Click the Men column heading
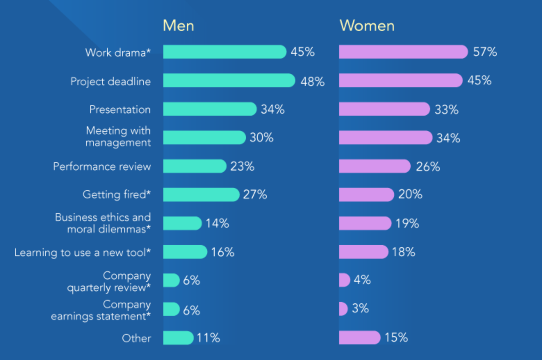point(178,26)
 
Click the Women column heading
point(367,26)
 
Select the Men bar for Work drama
point(224,52)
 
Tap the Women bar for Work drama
point(403,52)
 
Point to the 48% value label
point(312,82)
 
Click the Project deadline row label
point(110,81)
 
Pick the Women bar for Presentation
point(384,109)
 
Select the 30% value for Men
point(261,138)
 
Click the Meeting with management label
point(118,137)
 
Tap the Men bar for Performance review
point(195,166)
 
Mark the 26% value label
point(428,167)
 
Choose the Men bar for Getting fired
point(201,195)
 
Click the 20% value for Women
point(410,194)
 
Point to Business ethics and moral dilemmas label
point(103,223)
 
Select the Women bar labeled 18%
point(363,252)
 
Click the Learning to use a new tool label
point(83,252)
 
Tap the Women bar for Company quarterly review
point(344,280)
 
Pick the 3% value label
point(360,308)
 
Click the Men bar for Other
point(178,338)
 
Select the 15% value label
point(396,337)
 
